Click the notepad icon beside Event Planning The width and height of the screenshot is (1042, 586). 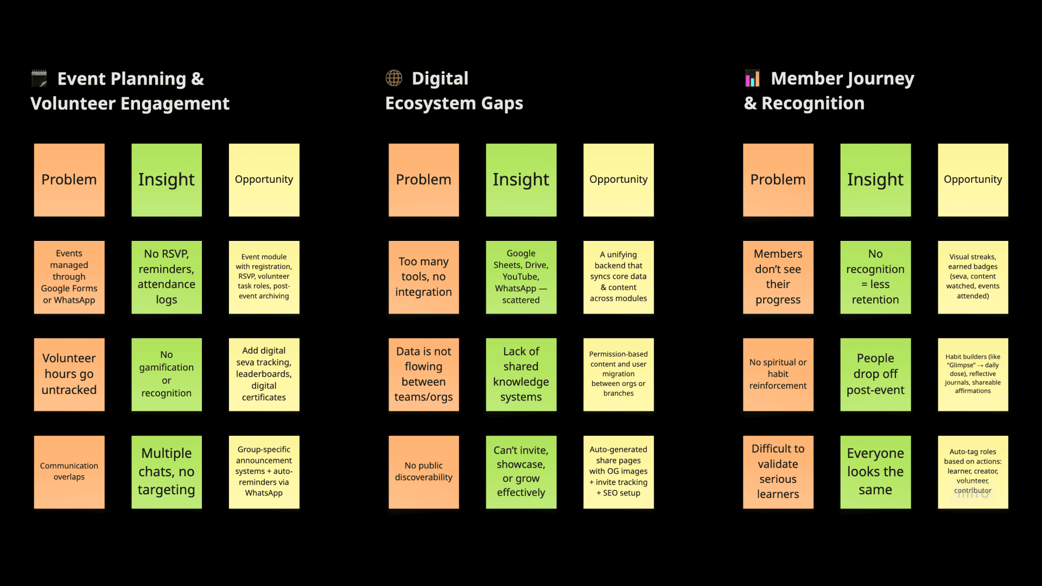pyautogui.click(x=39, y=79)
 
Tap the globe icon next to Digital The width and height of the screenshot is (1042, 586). pyautogui.click(x=394, y=78)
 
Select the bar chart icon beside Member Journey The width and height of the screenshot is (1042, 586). pyautogui.click(x=752, y=79)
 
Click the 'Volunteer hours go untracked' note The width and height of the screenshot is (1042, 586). pyautogui.click(x=69, y=374)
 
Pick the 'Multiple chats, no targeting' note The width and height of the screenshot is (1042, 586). pyautogui.click(x=167, y=472)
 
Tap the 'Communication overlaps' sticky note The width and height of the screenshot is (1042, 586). pyautogui.click(x=69, y=472)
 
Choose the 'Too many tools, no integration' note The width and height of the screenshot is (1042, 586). pyautogui.click(x=423, y=277)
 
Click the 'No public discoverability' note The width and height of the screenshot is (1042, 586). pyautogui.click(x=423, y=472)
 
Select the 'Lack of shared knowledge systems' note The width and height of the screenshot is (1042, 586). pyautogui.click(x=521, y=374)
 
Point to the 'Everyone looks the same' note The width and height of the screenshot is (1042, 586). pyautogui.click(x=875, y=472)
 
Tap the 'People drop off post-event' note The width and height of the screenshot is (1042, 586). pyautogui.click(x=875, y=374)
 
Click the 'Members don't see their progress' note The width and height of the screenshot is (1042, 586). pyautogui.click(x=778, y=277)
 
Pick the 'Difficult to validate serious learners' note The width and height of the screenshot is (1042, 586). pyautogui.click(x=778, y=472)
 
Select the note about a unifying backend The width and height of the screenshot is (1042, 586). pyautogui.click(x=618, y=277)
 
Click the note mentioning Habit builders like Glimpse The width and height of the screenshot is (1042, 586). pyautogui.click(x=973, y=374)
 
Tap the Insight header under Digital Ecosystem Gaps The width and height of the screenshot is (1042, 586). pyautogui.click(x=521, y=180)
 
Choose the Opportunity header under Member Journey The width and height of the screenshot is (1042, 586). pyautogui.click(x=973, y=180)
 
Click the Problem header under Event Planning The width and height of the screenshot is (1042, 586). pyautogui.click(x=69, y=180)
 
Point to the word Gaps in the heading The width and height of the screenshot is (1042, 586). pyautogui.click(x=500, y=104)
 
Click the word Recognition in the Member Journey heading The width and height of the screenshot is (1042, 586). pyautogui.click(x=812, y=104)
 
